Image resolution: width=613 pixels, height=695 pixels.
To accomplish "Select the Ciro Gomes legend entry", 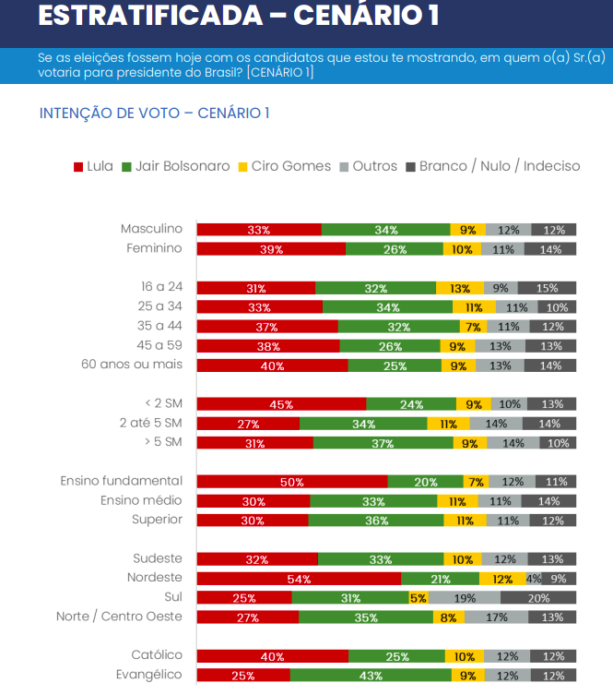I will tap(284, 166).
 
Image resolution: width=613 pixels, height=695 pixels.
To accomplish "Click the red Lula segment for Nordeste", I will tap(299, 579).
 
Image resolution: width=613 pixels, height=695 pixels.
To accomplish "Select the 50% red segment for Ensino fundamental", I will tap(292, 482).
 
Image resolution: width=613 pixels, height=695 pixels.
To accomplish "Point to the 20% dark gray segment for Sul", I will tap(538, 597).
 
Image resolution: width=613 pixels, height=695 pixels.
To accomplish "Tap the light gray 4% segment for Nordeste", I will tap(533, 579).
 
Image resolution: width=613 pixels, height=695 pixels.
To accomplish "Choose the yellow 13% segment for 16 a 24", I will tap(454, 288).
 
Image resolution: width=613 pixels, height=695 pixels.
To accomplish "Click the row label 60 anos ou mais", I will tap(132, 365).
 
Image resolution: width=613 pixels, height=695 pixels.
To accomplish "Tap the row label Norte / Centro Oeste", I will tap(119, 617).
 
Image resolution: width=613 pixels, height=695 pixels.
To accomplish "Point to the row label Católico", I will tap(156, 655).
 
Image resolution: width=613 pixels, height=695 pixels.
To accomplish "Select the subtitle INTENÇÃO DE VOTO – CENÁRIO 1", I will tap(154, 113).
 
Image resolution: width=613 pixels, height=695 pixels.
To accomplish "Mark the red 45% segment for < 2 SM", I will tap(281, 404).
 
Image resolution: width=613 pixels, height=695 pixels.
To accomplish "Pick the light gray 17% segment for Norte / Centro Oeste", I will tap(497, 617).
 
